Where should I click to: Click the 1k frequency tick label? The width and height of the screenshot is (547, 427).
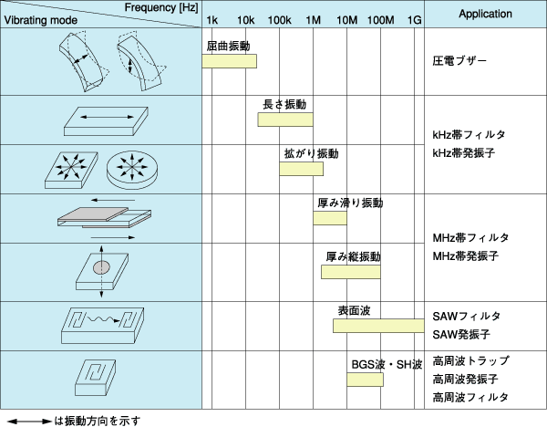[212, 19]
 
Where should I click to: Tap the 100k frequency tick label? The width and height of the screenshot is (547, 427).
[279, 19]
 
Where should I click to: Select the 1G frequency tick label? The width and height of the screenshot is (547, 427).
[414, 19]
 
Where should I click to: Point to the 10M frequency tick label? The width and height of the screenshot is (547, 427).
[346, 19]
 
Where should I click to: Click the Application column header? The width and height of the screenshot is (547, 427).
[485, 15]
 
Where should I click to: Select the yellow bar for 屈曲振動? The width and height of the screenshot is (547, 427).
[229, 61]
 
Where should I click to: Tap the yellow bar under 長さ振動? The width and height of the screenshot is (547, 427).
[285, 120]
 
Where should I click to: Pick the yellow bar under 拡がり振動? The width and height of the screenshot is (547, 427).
[302, 169]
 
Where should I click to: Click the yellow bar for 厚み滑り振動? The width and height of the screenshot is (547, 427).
[330, 218]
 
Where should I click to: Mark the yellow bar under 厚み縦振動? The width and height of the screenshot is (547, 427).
[350, 272]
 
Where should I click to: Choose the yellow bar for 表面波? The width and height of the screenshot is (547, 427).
[376, 326]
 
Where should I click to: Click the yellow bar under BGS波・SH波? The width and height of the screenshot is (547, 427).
[364, 379]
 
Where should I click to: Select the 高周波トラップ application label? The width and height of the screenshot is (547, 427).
[470, 360]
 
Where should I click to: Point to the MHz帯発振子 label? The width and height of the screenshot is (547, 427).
[465, 255]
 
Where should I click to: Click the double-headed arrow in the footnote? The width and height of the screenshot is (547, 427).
[29, 420]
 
